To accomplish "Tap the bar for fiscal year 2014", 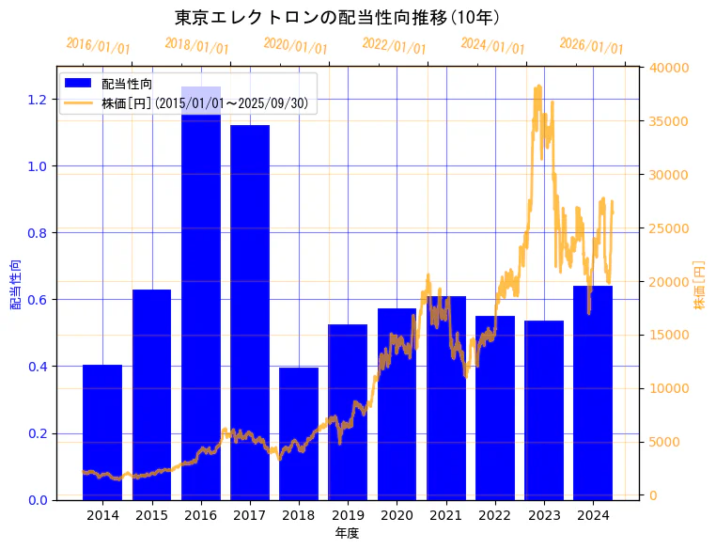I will (x=102, y=431).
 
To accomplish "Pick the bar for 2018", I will (x=299, y=433).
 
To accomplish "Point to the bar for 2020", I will (x=397, y=403).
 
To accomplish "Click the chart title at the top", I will (x=336, y=18).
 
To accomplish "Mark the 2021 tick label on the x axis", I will (x=445, y=515).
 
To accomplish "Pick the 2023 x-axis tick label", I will (x=544, y=515).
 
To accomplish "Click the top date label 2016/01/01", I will (x=99, y=46).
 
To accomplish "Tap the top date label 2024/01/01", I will (x=493, y=46).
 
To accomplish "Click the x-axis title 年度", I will (x=347, y=533).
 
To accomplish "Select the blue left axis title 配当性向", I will (x=15, y=285).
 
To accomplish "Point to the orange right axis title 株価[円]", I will (x=700, y=285).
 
